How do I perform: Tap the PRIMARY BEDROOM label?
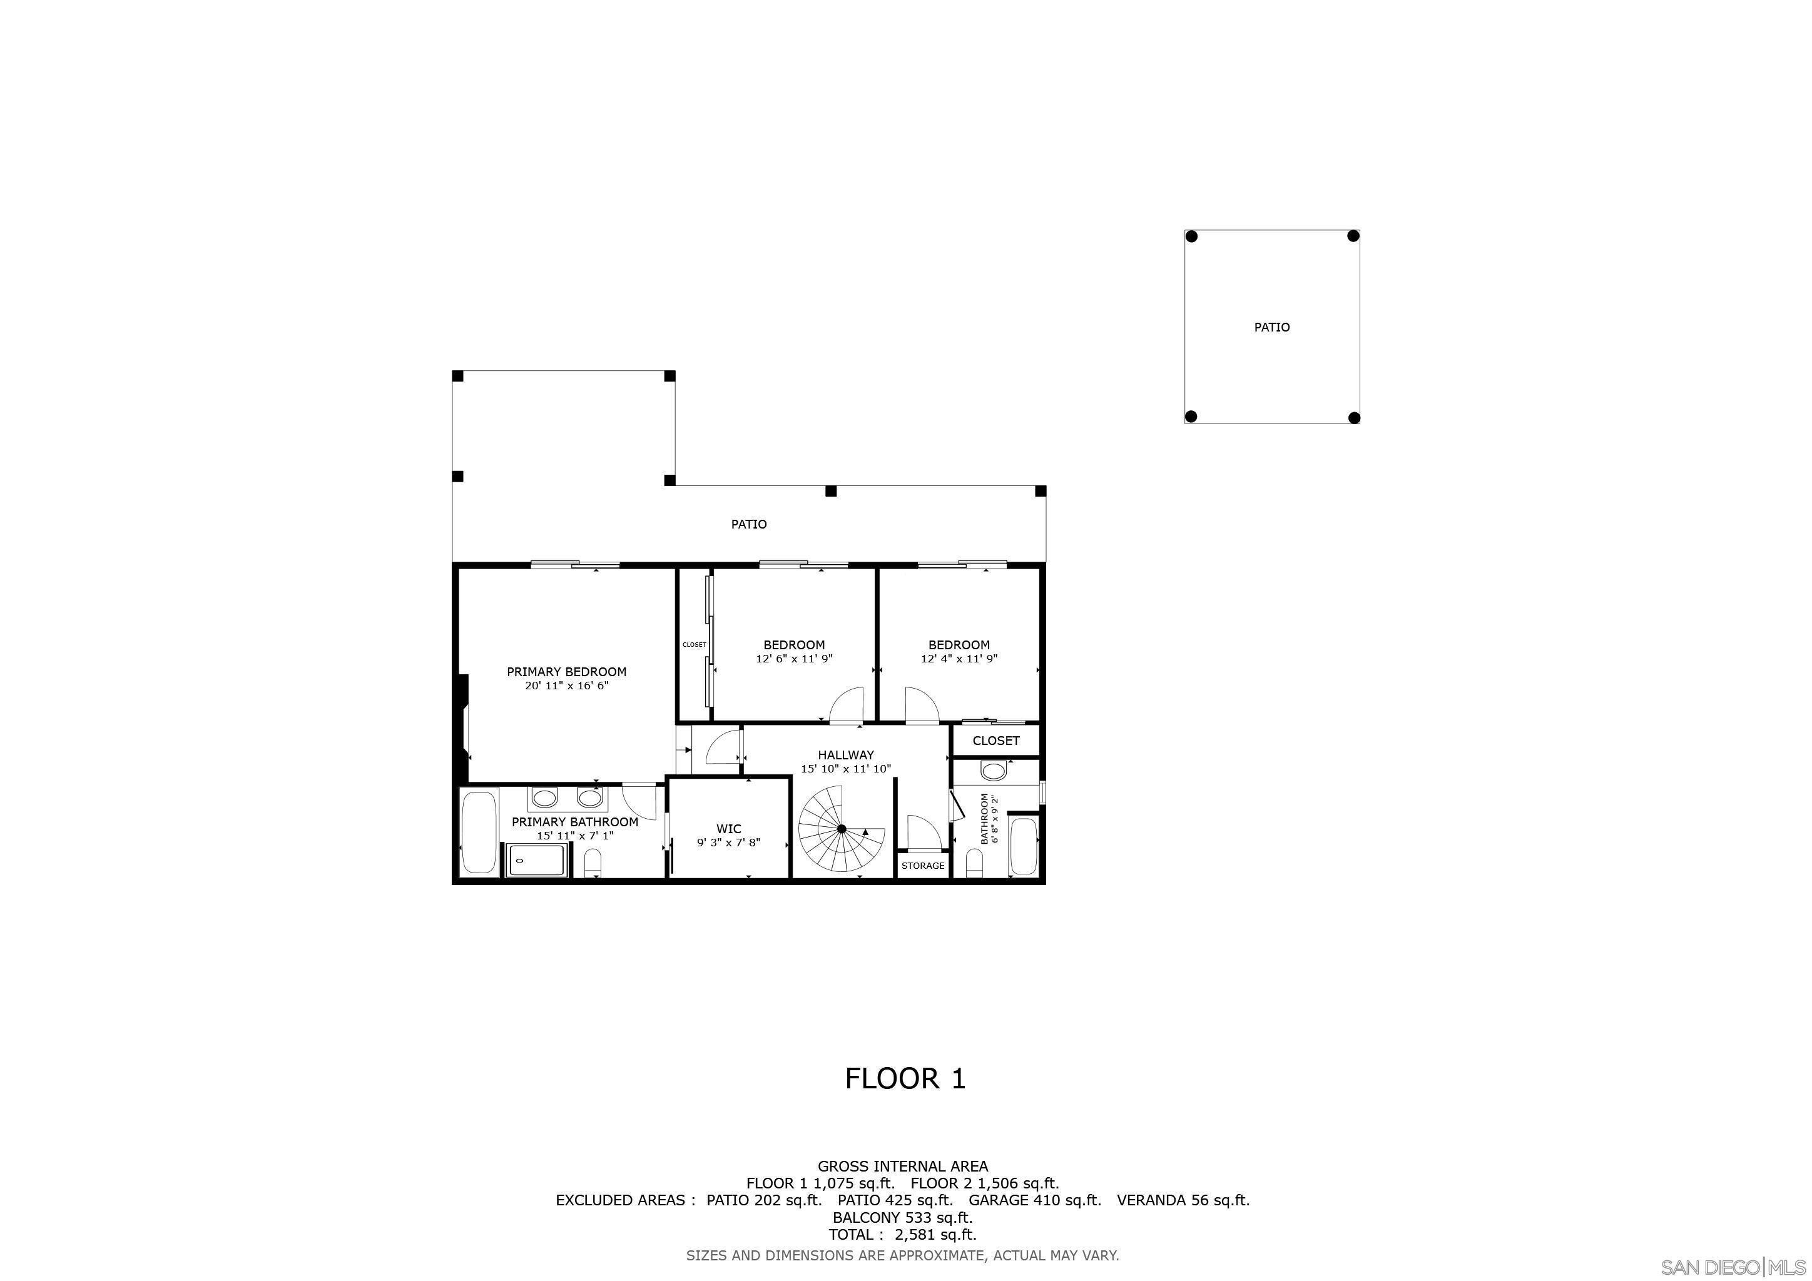pos(567,672)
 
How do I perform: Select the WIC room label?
pos(728,829)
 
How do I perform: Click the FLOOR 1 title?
pos(905,1079)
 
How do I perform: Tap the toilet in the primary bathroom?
pos(593,863)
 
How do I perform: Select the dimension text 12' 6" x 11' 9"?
pos(794,659)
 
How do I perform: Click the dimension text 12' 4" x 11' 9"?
pos(959,659)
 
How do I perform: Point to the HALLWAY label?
pos(845,755)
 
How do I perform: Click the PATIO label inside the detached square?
pos(1271,327)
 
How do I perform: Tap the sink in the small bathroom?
pos(994,771)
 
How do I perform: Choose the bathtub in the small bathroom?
pos(1024,846)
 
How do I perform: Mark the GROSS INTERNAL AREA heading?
pos(902,1166)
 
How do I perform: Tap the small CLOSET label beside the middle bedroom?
pos(695,644)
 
